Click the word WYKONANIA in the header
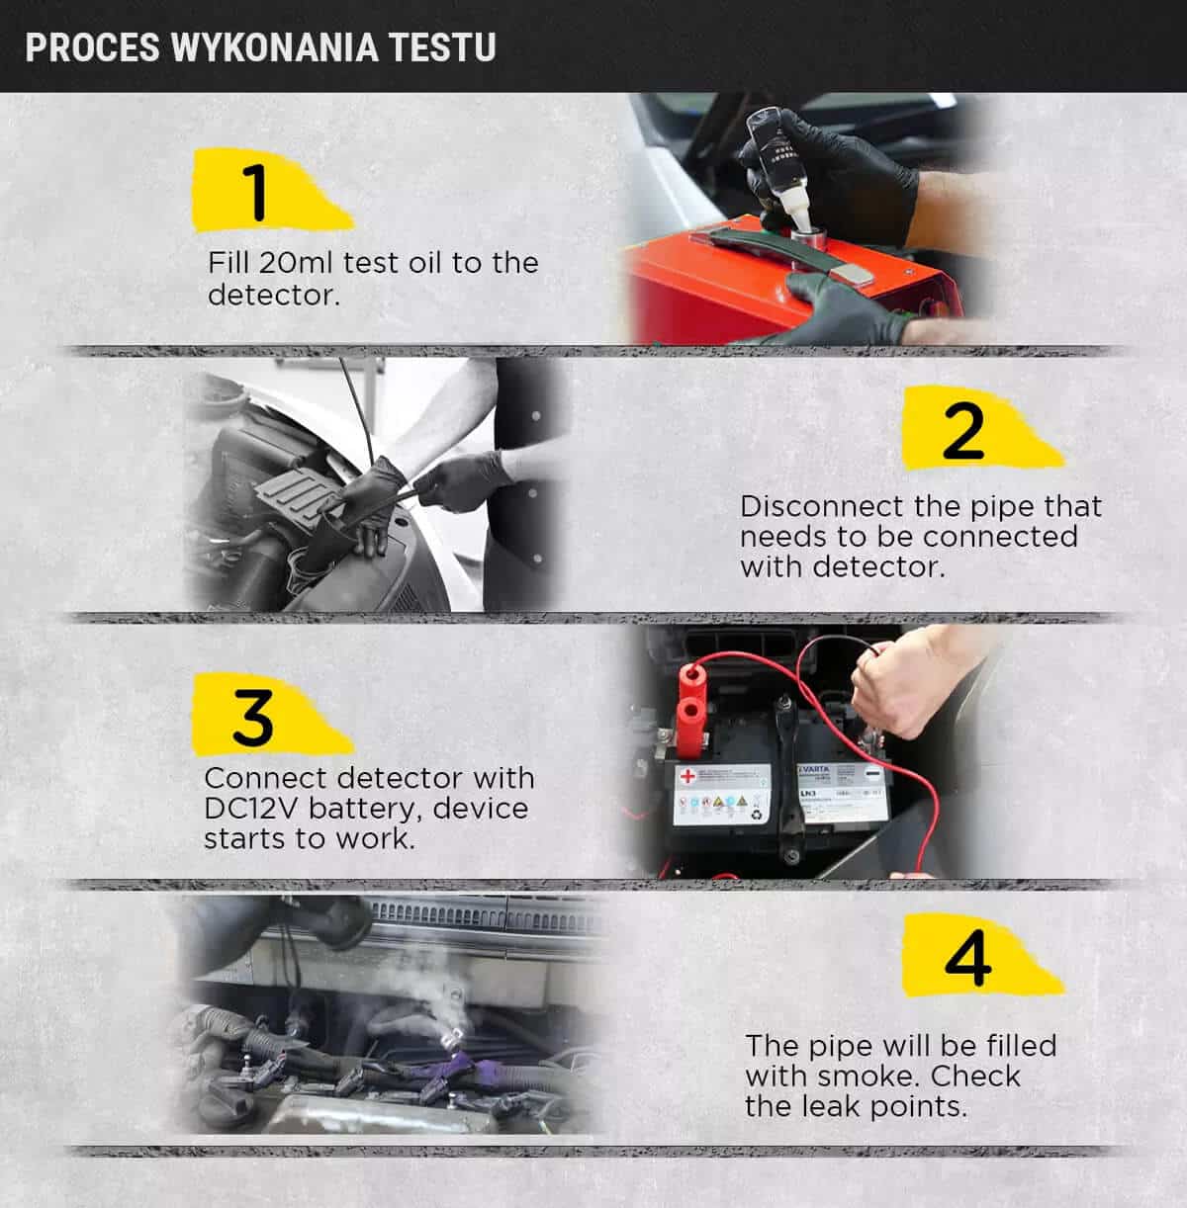(x=275, y=47)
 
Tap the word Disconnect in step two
(x=823, y=506)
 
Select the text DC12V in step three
(x=251, y=808)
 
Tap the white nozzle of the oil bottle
(x=797, y=212)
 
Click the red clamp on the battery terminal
(x=690, y=710)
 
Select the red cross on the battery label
(x=687, y=776)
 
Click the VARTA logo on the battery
(x=814, y=768)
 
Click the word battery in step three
(x=366, y=810)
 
